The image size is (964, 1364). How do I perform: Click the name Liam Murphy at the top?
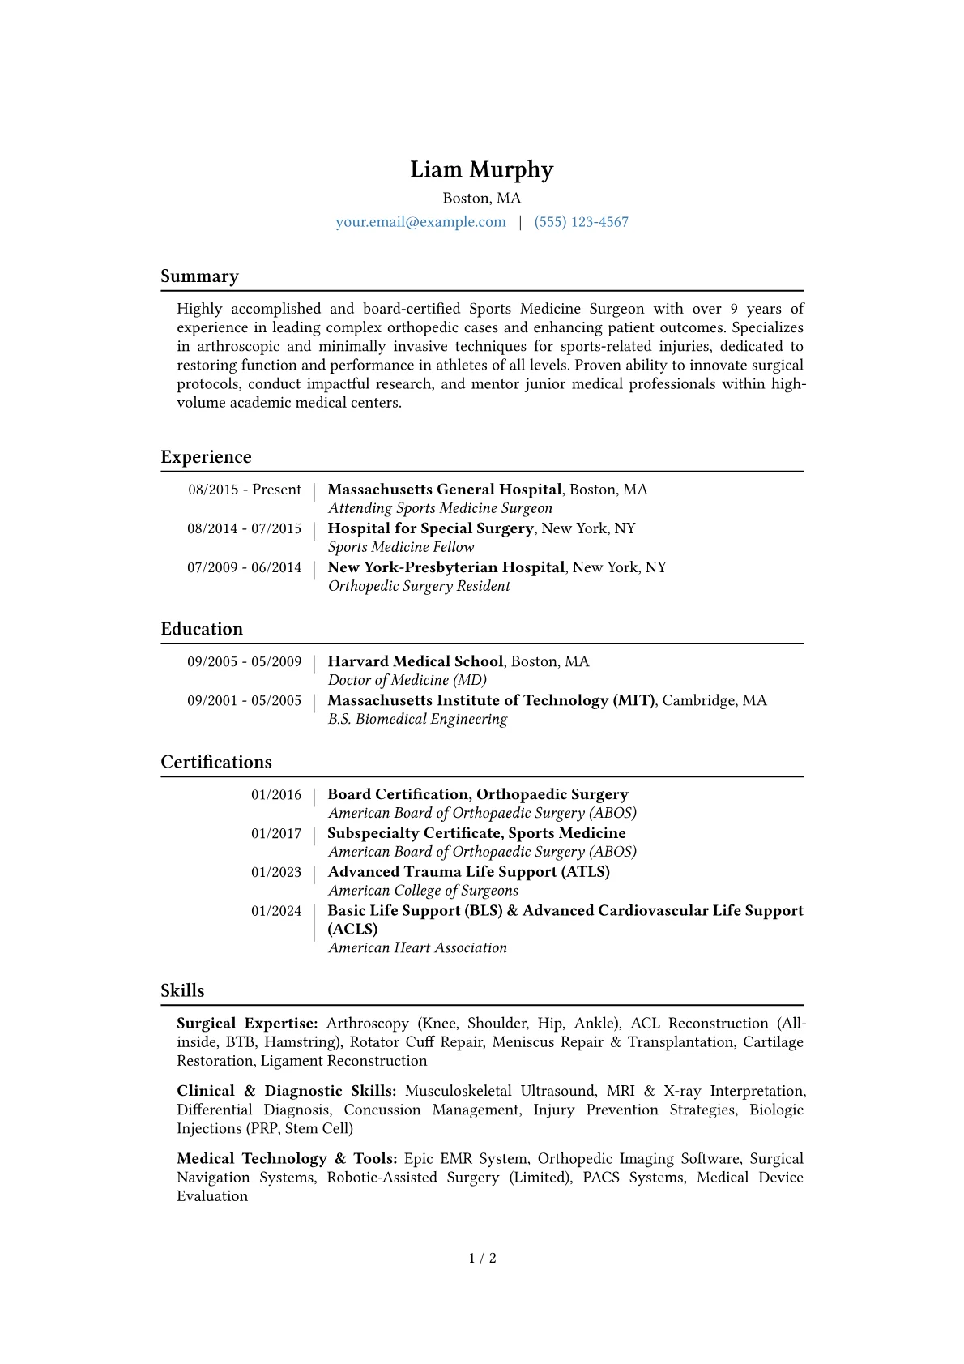pos(481,169)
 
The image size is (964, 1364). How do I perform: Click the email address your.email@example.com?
pos(420,222)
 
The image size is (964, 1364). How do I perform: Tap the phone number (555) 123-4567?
pos(581,222)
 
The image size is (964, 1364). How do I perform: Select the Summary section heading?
pos(199,276)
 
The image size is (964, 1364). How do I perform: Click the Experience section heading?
pos(206,457)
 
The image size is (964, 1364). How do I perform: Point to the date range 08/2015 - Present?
pos(245,490)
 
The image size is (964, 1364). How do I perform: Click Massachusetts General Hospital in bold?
pos(444,490)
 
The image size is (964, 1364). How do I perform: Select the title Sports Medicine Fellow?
pos(401,547)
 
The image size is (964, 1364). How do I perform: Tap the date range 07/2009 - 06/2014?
pos(244,567)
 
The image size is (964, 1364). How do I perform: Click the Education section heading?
pos(202,629)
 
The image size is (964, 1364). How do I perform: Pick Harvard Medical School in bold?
pos(416,661)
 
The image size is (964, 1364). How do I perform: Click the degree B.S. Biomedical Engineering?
pos(417,719)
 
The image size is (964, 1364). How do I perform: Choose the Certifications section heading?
pos(216,762)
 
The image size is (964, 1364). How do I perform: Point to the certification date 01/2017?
pos(276,833)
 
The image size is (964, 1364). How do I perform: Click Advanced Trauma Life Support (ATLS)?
pos(468,872)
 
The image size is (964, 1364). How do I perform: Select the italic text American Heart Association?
pos(417,947)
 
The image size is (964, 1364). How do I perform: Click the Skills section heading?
pos(182,990)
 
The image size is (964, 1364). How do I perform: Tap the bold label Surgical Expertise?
pos(247,1024)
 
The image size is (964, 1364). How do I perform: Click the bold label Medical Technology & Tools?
pos(287,1159)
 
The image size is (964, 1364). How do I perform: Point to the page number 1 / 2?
pos(482,1258)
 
